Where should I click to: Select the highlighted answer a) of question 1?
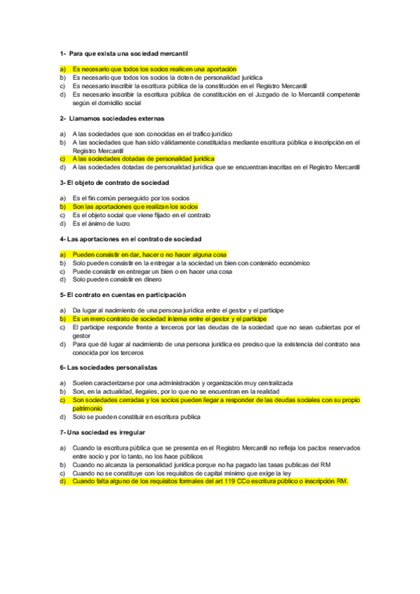click(154, 69)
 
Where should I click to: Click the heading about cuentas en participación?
click(123, 295)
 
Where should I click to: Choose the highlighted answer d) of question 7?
click(210, 481)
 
